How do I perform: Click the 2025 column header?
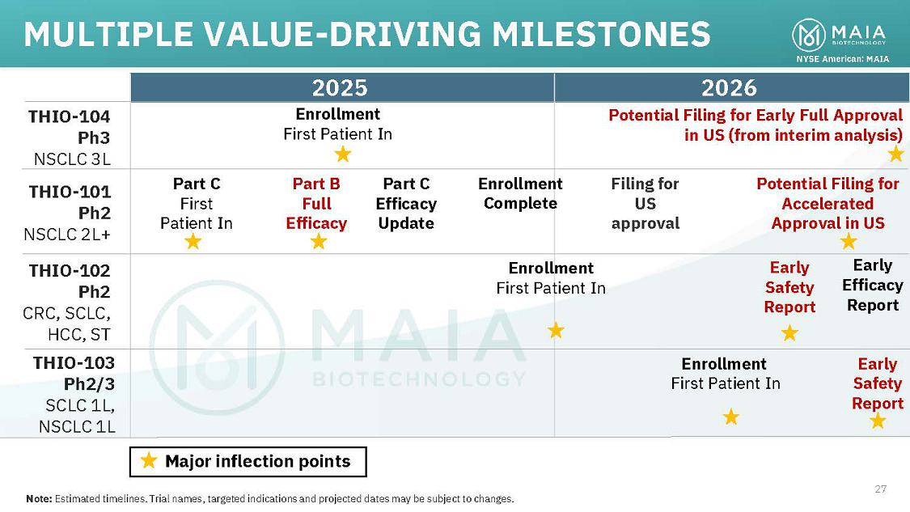340,87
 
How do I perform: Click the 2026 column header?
729,87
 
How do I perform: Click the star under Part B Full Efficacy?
319,241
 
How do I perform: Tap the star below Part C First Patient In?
193,241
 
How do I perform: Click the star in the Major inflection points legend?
149,461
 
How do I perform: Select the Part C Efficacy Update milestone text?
406,204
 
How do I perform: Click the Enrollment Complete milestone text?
520,193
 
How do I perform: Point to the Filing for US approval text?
645,204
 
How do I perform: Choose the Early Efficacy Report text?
872,285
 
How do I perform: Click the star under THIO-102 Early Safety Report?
789,332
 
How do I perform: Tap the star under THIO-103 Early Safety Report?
878,421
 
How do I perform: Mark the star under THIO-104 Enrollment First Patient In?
343,153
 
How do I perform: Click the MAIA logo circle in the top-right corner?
808,34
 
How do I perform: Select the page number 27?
881,489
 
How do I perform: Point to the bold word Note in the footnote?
38,498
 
